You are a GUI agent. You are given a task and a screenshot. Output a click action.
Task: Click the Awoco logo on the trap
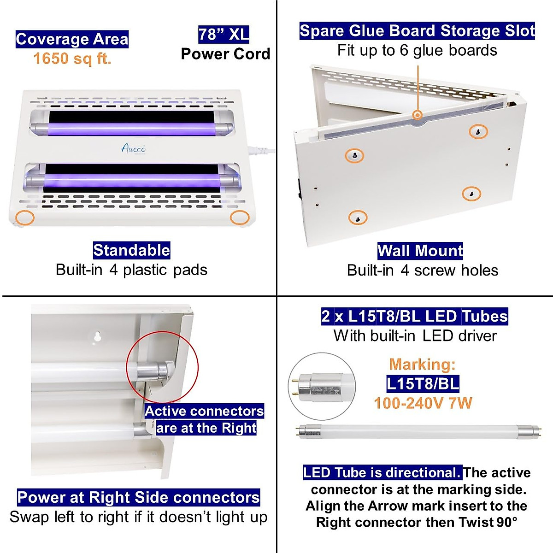click(134, 148)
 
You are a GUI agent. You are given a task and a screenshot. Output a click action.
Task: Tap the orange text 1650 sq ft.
click(72, 59)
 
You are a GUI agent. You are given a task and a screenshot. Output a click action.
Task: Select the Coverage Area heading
click(72, 39)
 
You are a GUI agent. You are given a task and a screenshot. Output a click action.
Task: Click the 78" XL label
click(224, 34)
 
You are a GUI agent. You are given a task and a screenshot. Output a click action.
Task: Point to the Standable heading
click(131, 250)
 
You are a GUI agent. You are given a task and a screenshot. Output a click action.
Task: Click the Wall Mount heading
click(420, 251)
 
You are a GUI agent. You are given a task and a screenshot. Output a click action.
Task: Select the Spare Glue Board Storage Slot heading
click(417, 31)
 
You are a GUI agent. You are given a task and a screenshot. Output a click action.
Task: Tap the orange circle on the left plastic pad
click(25, 218)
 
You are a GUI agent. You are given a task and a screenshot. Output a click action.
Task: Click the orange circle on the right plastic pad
click(240, 218)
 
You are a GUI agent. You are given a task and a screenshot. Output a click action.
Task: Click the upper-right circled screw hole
click(478, 132)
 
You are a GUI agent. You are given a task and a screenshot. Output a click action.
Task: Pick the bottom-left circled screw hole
click(358, 217)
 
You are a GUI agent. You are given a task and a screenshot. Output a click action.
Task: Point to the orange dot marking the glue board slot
click(418, 115)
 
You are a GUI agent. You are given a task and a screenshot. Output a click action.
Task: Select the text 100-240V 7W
click(423, 403)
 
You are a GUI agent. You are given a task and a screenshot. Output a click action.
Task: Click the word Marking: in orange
click(422, 365)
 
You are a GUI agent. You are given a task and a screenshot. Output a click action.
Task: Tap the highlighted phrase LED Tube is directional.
click(382, 473)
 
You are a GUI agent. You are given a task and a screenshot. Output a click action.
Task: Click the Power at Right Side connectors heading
click(138, 498)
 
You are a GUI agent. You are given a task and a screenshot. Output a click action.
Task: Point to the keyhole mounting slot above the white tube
click(98, 336)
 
